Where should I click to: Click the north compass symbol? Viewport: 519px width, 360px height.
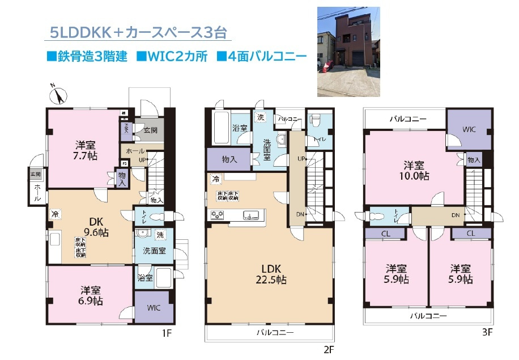click(x=58, y=95)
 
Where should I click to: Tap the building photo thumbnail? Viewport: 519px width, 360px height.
click(x=348, y=52)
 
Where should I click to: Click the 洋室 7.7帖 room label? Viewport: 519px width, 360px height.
click(x=86, y=149)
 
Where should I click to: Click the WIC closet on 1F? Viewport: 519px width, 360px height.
click(x=151, y=307)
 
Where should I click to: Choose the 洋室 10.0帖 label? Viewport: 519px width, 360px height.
click(x=414, y=170)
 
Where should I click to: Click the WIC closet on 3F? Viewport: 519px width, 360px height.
click(x=469, y=130)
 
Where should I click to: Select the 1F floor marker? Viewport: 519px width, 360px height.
click(x=165, y=333)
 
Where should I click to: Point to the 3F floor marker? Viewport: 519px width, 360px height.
click(x=486, y=333)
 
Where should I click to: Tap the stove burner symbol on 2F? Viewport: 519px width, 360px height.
click(x=218, y=214)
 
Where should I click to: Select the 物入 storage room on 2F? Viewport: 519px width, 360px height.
click(x=229, y=160)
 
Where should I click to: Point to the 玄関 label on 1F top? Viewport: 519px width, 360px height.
click(x=150, y=130)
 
